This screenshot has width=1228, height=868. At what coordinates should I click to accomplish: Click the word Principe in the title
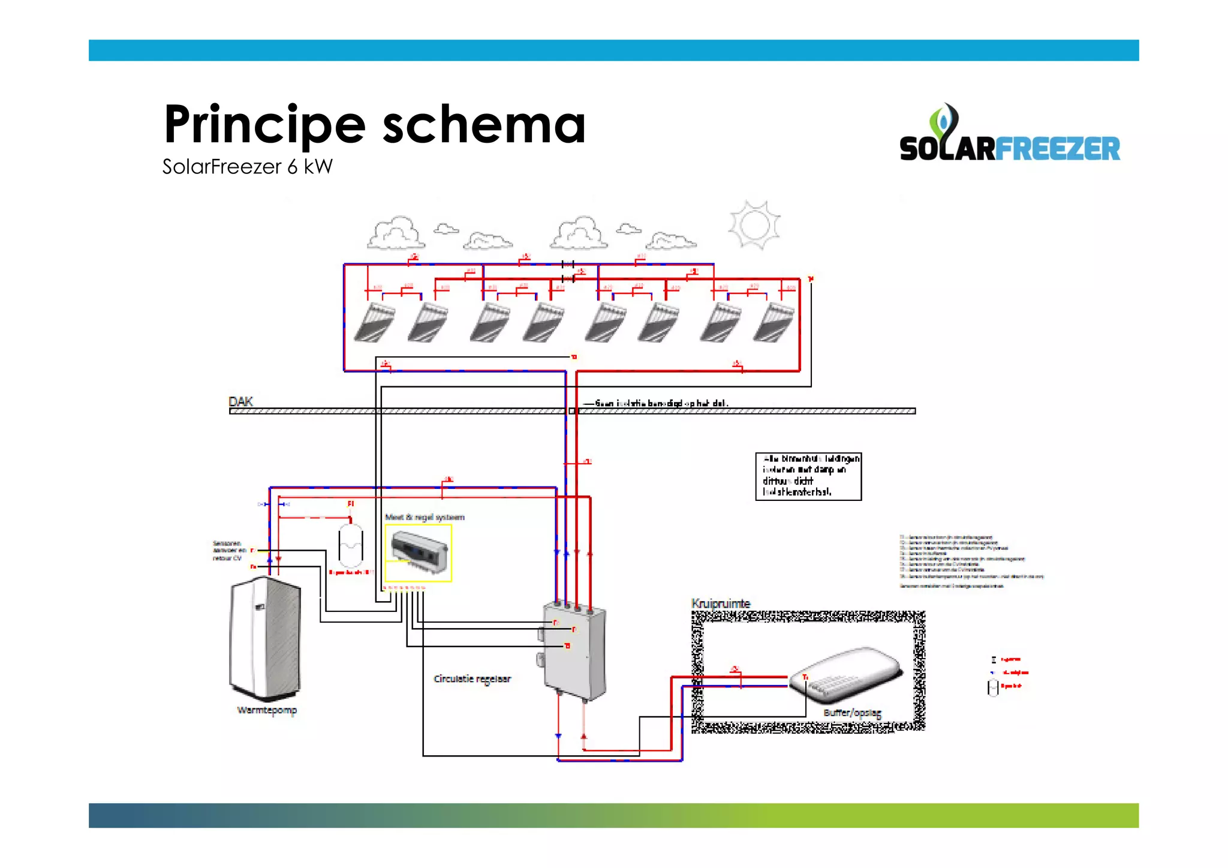(264, 125)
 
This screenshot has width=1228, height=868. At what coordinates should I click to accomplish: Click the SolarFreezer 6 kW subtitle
(247, 167)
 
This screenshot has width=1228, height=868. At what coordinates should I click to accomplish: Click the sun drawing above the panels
(754, 225)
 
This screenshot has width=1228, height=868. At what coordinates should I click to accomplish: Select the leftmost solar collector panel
(375, 322)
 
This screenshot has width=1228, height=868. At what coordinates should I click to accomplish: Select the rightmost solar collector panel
(773, 322)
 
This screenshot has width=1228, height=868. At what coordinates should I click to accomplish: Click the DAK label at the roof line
(240, 401)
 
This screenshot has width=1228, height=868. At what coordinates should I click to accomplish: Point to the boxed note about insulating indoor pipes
(808, 476)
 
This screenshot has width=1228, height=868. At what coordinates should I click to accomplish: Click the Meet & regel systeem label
(425, 517)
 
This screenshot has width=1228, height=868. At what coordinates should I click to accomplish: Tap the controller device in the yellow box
(419, 548)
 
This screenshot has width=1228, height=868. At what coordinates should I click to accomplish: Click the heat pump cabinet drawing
(265, 636)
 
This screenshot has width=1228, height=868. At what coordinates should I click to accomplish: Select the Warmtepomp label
(267, 710)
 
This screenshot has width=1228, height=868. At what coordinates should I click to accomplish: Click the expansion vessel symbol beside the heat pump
(351, 545)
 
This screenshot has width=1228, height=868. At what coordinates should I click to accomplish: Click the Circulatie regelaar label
(472, 679)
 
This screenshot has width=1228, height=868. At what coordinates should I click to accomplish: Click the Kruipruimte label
(721, 603)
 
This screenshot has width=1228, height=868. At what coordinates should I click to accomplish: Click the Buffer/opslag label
(852, 713)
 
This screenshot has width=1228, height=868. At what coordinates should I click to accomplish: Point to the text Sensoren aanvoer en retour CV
(229, 551)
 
